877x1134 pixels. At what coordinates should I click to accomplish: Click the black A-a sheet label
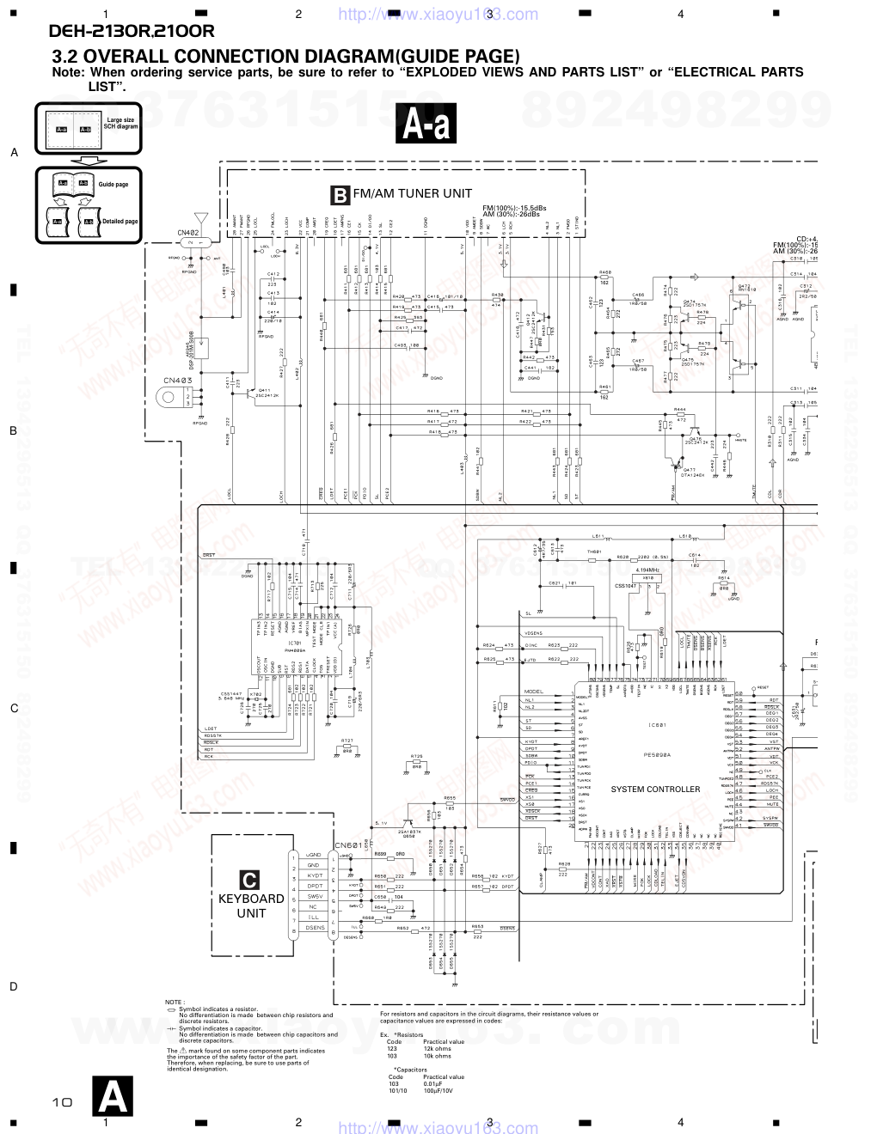(x=426, y=125)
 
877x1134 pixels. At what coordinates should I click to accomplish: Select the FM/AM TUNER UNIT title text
(x=412, y=193)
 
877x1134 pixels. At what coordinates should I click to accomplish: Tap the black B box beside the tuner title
(x=340, y=195)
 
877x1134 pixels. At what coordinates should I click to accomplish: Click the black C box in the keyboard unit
(x=248, y=880)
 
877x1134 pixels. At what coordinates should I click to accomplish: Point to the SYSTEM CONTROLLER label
(x=655, y=789)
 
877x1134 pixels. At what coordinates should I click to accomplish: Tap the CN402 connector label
(x=188, y=233)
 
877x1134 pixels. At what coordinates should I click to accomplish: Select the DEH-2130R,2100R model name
(x=132, y=33)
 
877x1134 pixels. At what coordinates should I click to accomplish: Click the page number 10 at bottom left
(x=61, y=1102)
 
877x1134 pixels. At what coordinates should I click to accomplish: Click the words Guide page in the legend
(x=113, y=185)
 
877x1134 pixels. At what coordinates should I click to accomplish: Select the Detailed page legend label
(x=120, y=222)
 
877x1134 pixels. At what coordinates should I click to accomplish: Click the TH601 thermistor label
(x=593, y=551)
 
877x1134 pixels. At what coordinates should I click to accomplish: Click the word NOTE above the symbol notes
(x=175, y=1002)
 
